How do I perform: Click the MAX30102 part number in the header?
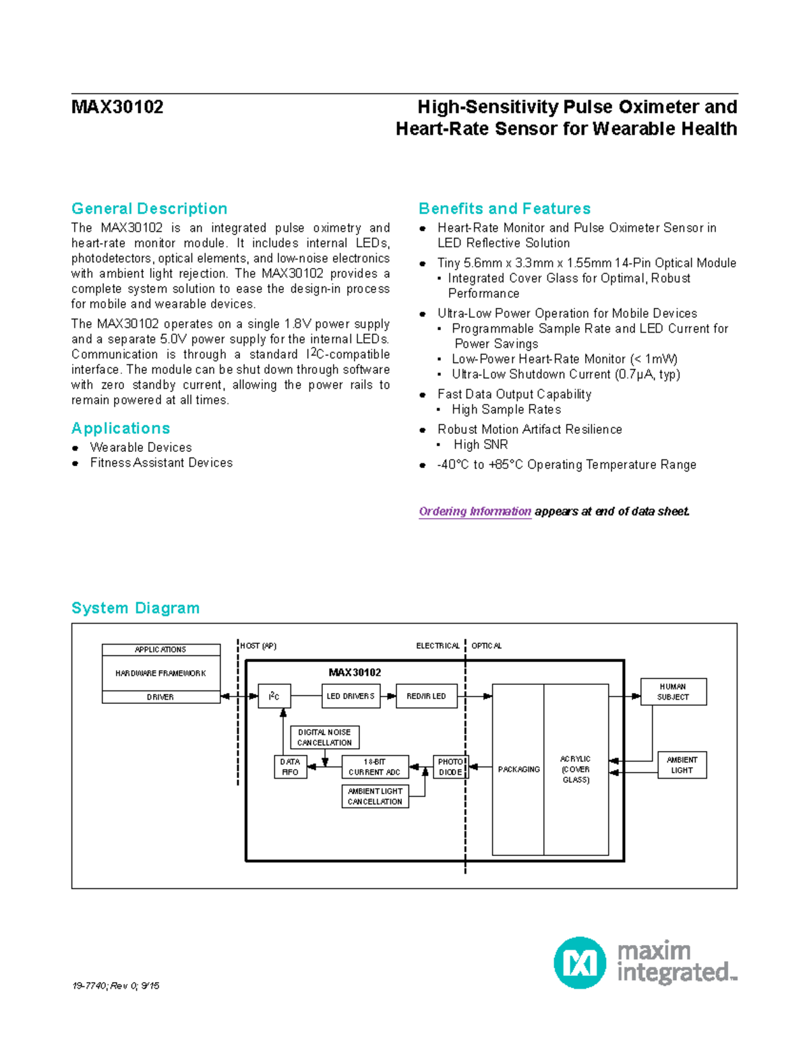pyautogui.click(x=117, y=107)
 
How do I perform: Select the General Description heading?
pyautogui.click(x=149, y=209)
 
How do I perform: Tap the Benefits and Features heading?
pyautogui.click(x=504, y=209)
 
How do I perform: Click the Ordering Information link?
pyautogui.click(x=475, y=511)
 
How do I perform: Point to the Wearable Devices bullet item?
pyautogui.click(x=141, y=447)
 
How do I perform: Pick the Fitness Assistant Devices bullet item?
pyautogui.click(x=161, y=463)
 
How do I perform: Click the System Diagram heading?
pyautogui.click(x=136, y=608)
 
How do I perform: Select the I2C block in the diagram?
pyautogui.click(x=274, y=696)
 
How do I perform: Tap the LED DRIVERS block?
pyautogui.click(x=351, y=696)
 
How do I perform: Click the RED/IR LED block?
pyautogui.click(x=426, y=696)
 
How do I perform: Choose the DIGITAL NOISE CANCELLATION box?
pyautogui.click(x=324, y=738)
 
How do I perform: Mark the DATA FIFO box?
pyautogui.click(x=290, y=767)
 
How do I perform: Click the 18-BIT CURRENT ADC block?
pyautogui.click(x=375, y=767)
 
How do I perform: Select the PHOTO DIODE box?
pyautogui.click(x=450, y=767)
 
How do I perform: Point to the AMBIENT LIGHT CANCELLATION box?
pyautogui.click(x=375, y=796)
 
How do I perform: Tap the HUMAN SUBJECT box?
pyautogui.click(x=673, y=692)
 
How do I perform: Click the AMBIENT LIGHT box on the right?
pyautogui.click(x=682, y=765)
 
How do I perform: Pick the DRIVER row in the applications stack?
pyautogui.click(x=160, y=697)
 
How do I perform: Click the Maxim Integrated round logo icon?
pyautogui.click(x=579, y=962)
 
